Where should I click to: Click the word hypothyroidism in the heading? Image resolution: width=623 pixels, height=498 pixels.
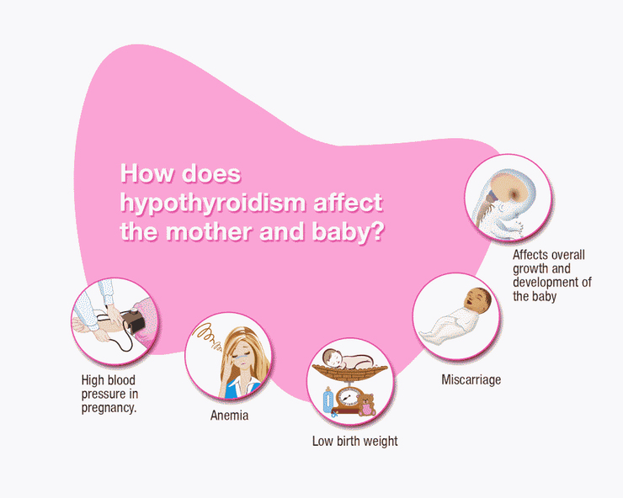tap(213, 204)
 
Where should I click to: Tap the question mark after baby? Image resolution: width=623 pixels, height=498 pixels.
tap(377, 231)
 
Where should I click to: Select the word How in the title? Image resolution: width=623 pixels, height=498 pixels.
tap(147, 173)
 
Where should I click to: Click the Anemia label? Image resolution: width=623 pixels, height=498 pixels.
tap(229, 416)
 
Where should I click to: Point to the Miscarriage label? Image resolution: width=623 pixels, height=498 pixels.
tap(471, 379)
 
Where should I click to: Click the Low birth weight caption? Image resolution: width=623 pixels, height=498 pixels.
tap(354, 441)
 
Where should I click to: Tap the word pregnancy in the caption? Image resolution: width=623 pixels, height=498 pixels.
tap(109, 408)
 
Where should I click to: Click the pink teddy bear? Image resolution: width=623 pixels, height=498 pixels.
tap(366, 405)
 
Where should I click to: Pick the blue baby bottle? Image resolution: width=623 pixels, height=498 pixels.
tap(327, 400)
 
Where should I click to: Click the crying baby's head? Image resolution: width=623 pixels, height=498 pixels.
tap(478, 299)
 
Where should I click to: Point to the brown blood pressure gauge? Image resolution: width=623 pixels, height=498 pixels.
tap(133, 320)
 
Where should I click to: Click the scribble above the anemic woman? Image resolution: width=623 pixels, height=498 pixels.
tap(207, 337)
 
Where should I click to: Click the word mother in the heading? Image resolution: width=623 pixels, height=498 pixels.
tap(208, 231)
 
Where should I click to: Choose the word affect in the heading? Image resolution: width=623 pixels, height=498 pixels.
tap(348, 203)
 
